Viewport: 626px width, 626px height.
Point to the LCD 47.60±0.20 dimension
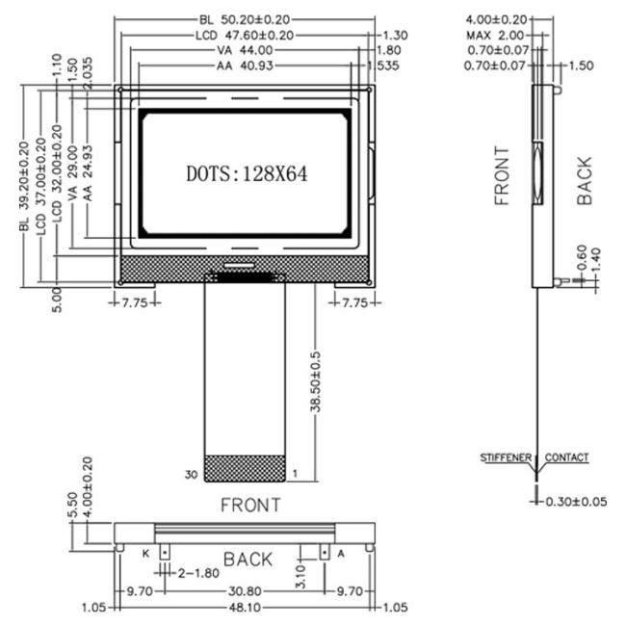click(243, 35)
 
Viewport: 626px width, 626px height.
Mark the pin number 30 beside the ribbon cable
click(192, 474)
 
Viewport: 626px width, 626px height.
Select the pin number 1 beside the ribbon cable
click(295, 474)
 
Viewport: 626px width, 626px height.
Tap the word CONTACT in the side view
click(566, 457)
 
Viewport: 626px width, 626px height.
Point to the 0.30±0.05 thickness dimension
click(578, 502)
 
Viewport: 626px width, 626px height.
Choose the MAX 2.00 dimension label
click(493, 35)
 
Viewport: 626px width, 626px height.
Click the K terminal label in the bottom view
click(146, 552)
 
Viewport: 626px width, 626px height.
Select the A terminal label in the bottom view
click(339, 552)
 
